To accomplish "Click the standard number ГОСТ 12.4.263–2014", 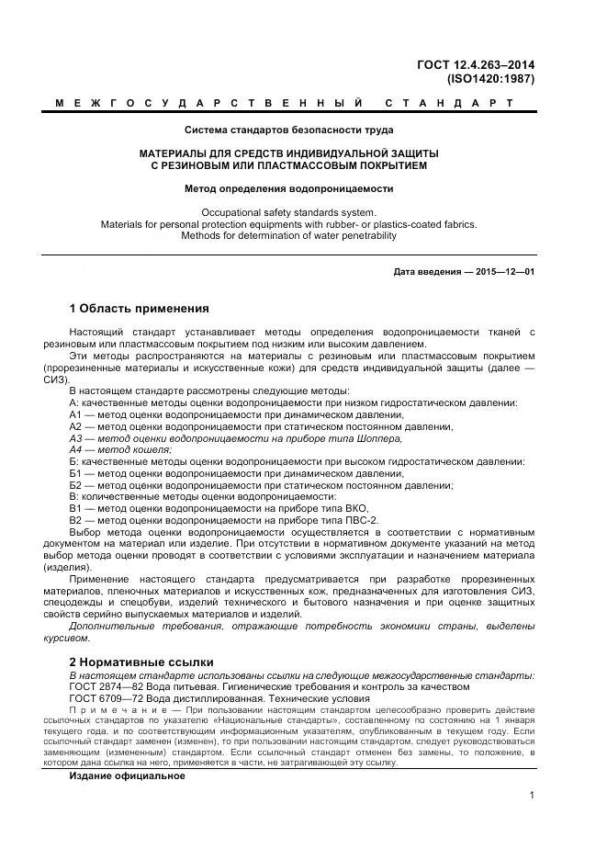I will click(476, 64).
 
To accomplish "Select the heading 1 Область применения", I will click(140, 308).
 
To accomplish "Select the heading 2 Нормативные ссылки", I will click(141, 662).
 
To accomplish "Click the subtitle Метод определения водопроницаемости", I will click(288, 188).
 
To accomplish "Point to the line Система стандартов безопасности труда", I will click(288, 130).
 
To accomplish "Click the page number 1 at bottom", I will click(533, 797).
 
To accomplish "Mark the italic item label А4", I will click(76, 450).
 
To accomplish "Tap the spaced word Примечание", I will click(109, 711).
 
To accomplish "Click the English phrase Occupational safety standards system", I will click(288, 212).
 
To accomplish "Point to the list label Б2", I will click(76, 485).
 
